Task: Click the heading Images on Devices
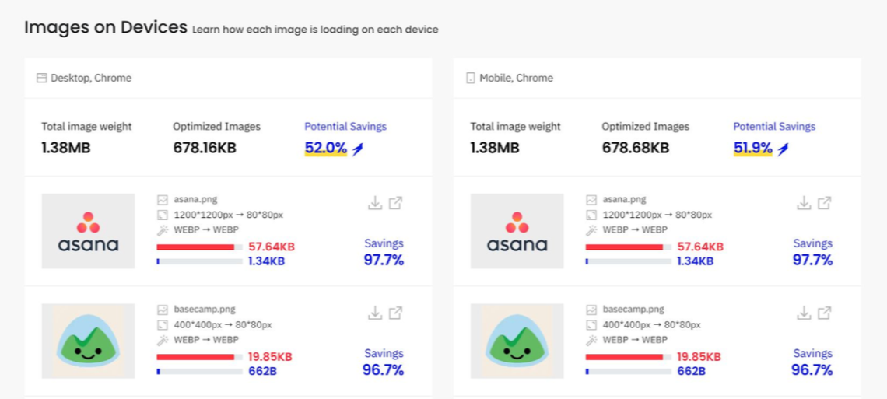(x=106, y=27)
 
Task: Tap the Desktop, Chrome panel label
(x=90, y=78)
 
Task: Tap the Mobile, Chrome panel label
(x=516, y=78)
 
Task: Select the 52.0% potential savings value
(x=326, y=148)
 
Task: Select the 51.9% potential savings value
(x=753, y=148)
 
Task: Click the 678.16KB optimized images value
(x=205, y=148)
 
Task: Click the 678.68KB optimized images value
(x=635, y=148)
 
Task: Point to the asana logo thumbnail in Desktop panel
(x=88, y=231)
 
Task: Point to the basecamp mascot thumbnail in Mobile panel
(x=517, y=341)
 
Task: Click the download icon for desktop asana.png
(x=375, y=203)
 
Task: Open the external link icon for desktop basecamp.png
(x=395, y=313)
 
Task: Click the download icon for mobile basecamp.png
(x=804, y=313)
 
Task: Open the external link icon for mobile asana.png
(x=824, y=203)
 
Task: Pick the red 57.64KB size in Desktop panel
(x=272, y=247)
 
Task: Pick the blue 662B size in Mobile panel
(x=691, y=371)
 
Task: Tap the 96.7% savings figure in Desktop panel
(x=383, y=370)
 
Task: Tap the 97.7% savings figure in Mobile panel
(x=812, y=260)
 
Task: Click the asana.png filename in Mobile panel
(x=625, y=200)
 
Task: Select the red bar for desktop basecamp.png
(x=195, y=357)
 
